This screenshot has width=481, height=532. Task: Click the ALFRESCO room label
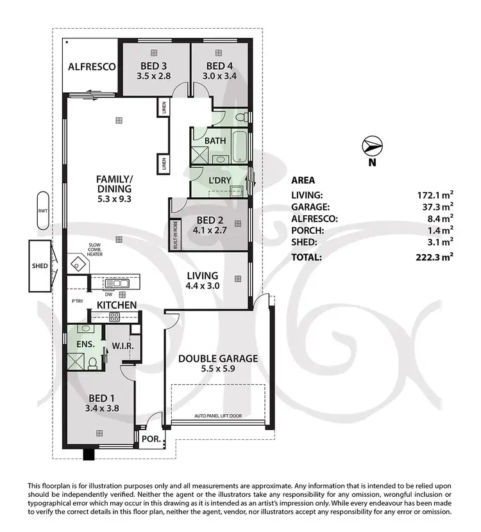(x=92, y=67)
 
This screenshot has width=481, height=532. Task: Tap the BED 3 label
(x=155, y=65)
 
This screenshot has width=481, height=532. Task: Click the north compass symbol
(x=371, y=147)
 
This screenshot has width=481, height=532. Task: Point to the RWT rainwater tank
(x=42, y=210)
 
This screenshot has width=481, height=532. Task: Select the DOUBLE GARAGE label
(x=218, y=359)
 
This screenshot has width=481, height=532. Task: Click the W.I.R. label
(x=122, y=346)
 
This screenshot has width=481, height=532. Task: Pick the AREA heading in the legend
(x=303, y=180)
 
